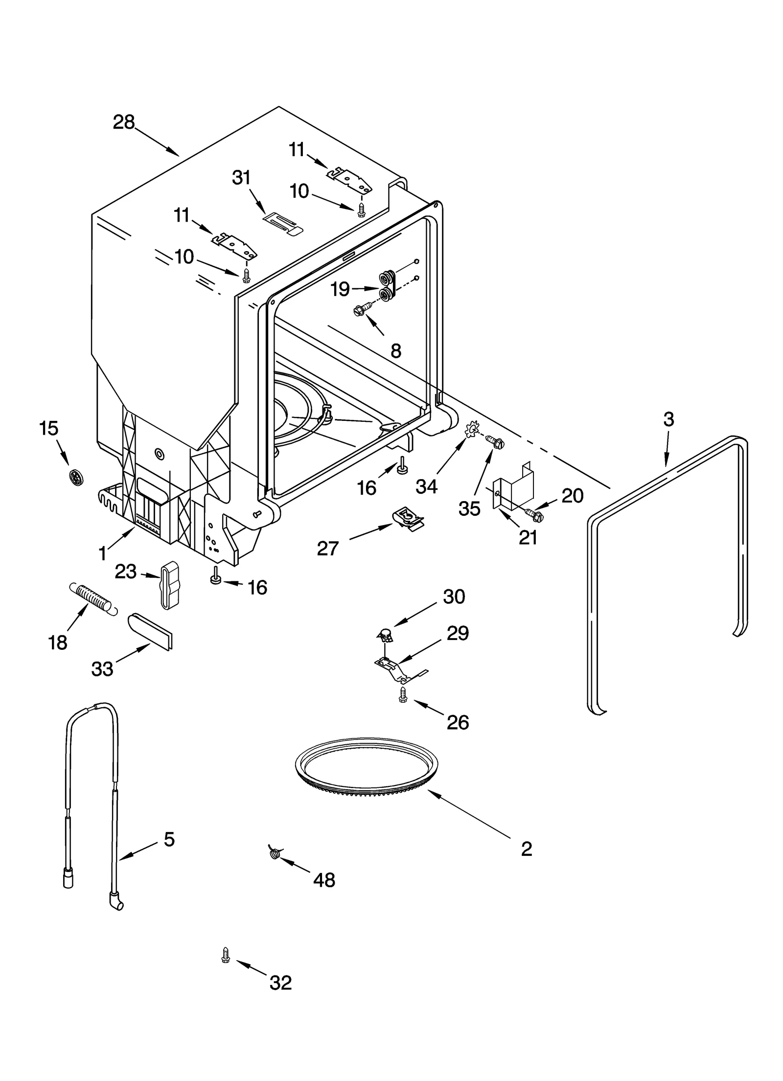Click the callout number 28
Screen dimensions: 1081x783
123,122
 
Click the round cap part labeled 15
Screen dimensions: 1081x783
75,475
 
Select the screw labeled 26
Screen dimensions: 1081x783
403,695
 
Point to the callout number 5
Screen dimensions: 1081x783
169,839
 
